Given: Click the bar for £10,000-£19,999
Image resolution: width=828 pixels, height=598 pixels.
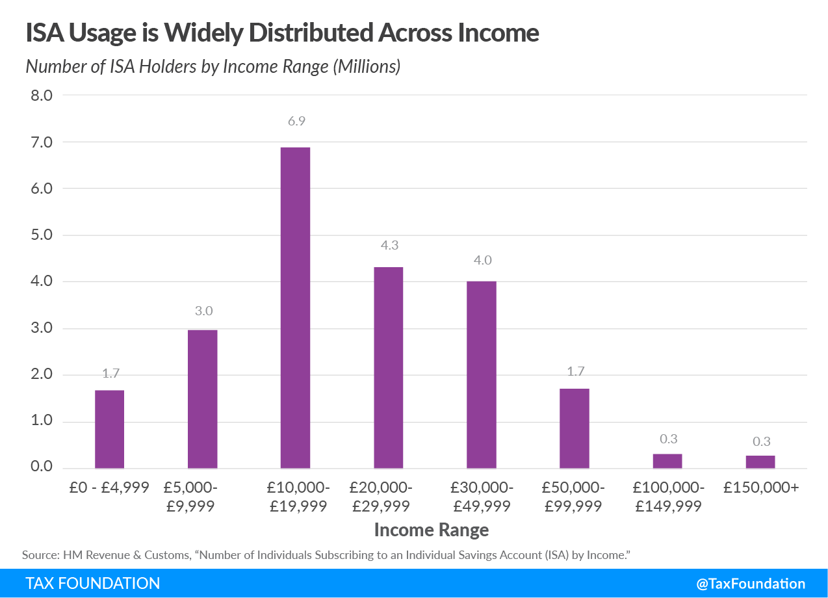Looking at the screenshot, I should pyautogui.click(x=295, y=307).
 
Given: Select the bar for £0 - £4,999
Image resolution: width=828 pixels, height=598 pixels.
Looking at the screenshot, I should pyautogui.click(x=109, y=429).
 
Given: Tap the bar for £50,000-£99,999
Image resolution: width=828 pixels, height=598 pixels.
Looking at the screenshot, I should pyautogui.click(x=574, y=428).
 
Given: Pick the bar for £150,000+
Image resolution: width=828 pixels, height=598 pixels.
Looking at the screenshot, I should pyautogui.click(x=760, y=461).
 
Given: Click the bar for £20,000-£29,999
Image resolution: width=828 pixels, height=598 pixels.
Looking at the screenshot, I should pyautogui.click(x=388, y=367).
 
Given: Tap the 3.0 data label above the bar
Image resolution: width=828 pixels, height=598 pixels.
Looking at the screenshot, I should pyautogui.click(x=203, y=311).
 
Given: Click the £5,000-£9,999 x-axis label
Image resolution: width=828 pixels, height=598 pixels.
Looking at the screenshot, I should pyautogui.click(x=203, y=497).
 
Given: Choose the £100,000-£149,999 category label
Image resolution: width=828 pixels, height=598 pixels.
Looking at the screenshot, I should pyautogui.click(x=667, y=497).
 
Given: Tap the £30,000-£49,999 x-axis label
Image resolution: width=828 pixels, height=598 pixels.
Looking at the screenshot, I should pyautogui.click(x=481, y=497).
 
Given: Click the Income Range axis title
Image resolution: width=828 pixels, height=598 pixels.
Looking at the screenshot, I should pyautogui.click(x=431, y=530).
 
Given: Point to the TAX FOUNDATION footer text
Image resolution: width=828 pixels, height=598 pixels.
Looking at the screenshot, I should pyautogui.click(x=92, y=583).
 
